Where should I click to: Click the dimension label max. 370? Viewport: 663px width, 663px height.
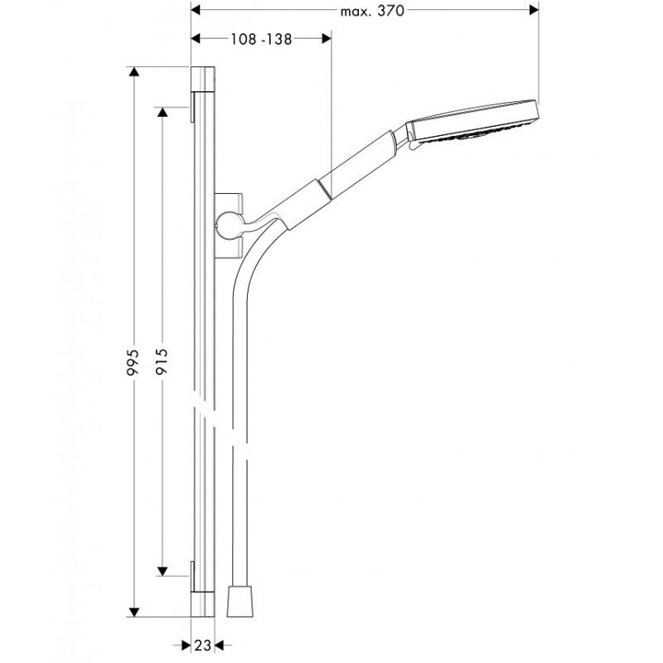coord(372,11)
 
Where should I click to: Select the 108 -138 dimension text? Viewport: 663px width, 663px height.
coord(261,39)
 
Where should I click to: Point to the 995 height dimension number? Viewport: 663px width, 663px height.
coord(133,362)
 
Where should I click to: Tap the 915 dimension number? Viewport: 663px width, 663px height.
coord(162,361)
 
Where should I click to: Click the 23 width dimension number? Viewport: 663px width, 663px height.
coord(202,646)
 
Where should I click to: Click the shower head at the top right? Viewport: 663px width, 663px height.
coord(472,123)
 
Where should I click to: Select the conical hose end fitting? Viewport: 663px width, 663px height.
coord(240,601)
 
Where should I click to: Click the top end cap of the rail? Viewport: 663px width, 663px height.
coord(203,78)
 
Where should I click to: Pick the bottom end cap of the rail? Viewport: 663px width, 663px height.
coord(203,604)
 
